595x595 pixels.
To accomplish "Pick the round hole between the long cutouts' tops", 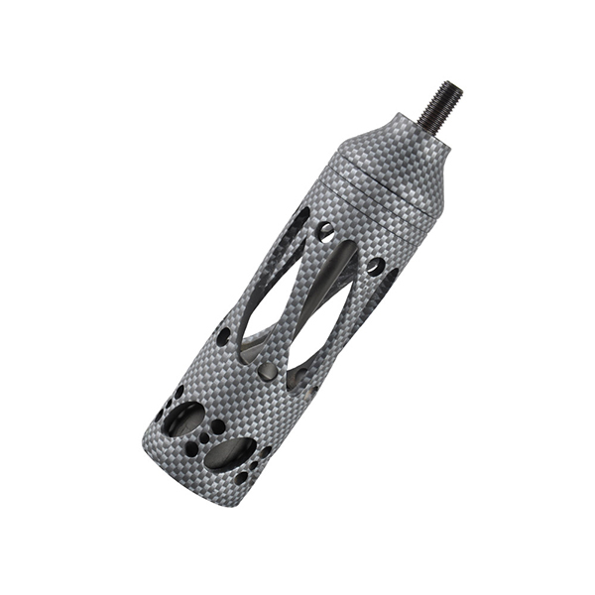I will pos(325,231).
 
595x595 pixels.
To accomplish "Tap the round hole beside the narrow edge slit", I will pos(375,266).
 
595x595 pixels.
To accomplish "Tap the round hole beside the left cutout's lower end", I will pos(224,336).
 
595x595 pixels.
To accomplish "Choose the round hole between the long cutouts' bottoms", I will pos(267,371).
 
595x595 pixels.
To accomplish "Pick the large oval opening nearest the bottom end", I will pos(230,454).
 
